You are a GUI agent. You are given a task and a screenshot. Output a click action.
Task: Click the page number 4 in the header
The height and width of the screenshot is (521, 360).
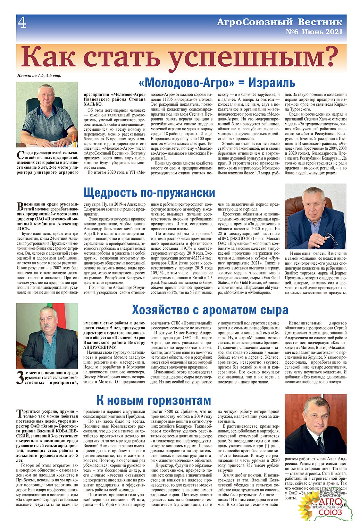coord(22,23)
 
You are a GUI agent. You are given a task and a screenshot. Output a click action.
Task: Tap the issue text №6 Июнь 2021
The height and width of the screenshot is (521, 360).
coord(314,32)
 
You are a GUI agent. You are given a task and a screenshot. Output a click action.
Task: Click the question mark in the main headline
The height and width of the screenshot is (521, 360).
coord(329,57)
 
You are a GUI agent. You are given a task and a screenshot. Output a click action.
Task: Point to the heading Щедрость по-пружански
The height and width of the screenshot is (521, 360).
coord(149,192)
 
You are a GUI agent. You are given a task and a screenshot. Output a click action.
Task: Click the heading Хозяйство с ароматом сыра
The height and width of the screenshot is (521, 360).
coord(210,309)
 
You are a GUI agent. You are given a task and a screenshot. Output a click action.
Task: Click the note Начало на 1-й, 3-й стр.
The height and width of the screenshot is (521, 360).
coord(39,76)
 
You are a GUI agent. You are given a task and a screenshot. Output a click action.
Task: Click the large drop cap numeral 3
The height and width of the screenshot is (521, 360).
coord(20,378)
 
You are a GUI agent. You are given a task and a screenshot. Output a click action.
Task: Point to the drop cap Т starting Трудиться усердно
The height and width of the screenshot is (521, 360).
coord(20,413)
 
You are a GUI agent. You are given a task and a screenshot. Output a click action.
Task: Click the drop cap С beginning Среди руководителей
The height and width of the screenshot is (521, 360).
coord(20,156)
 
